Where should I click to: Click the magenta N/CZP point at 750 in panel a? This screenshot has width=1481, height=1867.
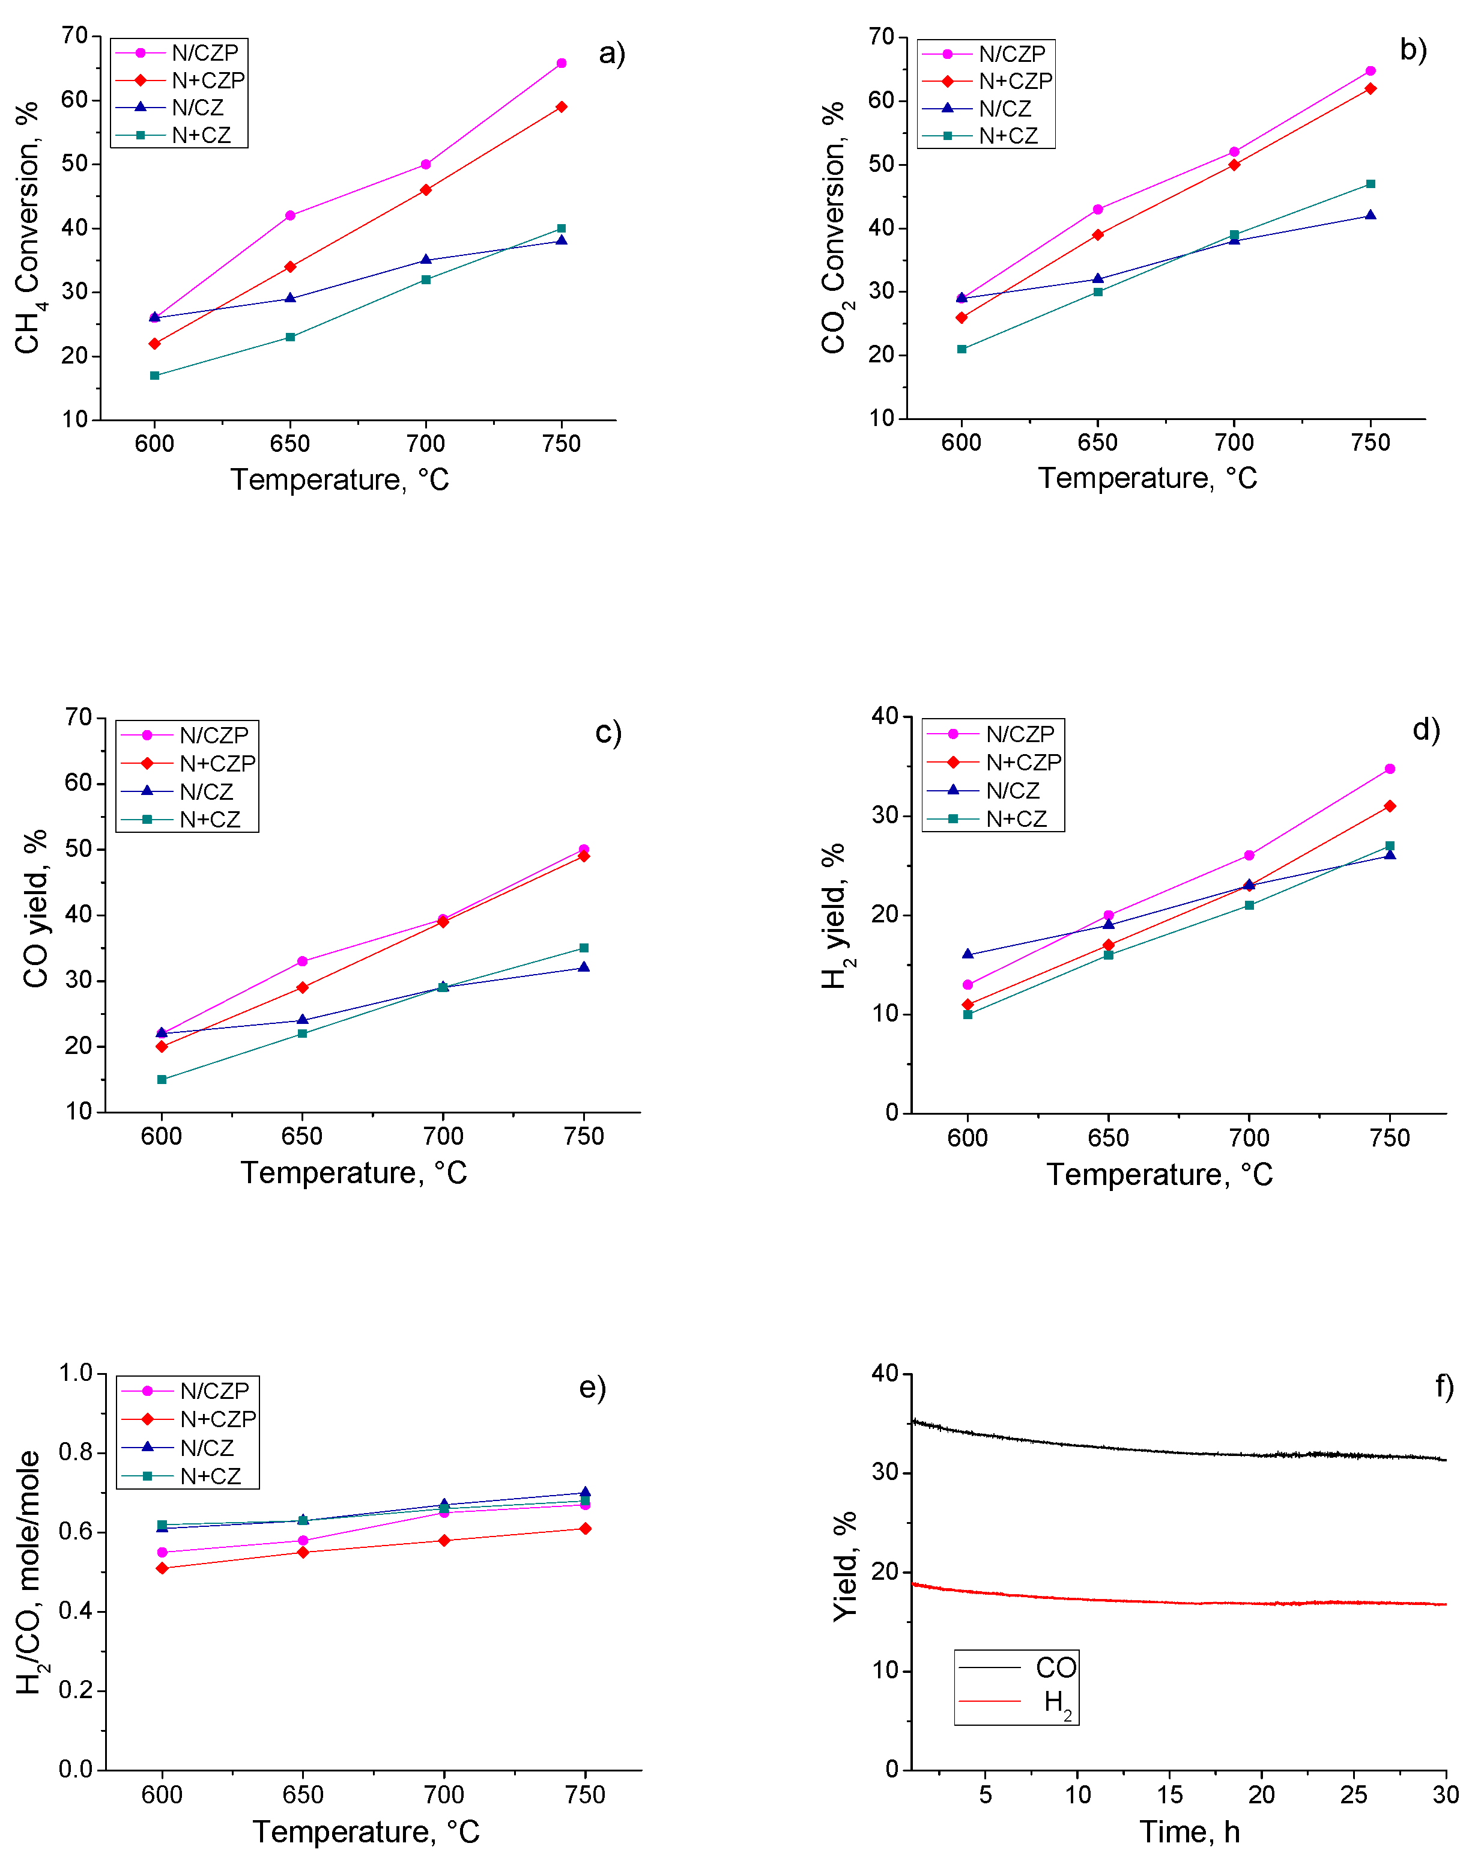pyautogui.click(x=561, y=63)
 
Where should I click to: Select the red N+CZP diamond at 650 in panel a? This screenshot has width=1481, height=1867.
pyautogui.click(x=290, y=267)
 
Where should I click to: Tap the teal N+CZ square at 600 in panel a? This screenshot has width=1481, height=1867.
pyautogui.click(x=155, y=376)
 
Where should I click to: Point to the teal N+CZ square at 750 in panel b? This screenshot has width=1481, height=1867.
pyautogui.click(x=1370, y=184)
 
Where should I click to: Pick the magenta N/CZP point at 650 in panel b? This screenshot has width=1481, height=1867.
pyautogui.click(x=1098, y=210)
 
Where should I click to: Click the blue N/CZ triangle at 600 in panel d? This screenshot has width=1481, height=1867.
pyautogui.click(x=968, y=954)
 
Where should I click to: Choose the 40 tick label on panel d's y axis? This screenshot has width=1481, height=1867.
pyautogui.click(x=885, y=716)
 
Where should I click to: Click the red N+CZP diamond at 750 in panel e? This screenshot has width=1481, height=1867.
pyautogui.click(x=585, y=1529)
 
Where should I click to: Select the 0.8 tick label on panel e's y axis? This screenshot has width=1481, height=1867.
pyautogui.click(x=75, y=1452)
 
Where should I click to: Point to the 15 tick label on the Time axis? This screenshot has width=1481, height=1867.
pyautogui.click(x=1169, y=1794)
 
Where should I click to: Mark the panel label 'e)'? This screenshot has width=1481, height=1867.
pyautogui.click(x=592, y=1387)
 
